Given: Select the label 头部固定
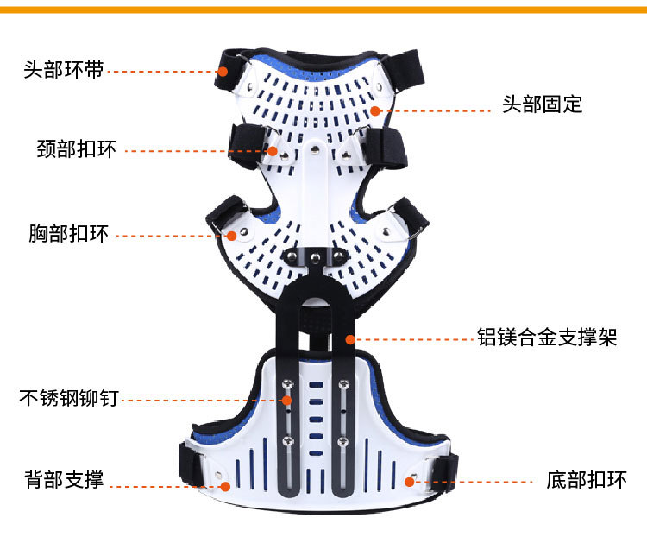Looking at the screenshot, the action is [543, 105].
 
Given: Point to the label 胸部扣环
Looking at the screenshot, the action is [68, 233].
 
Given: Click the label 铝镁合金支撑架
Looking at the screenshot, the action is [547, 337].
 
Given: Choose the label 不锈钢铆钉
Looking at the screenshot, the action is [69, 399].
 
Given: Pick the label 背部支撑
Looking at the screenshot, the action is [64, 480].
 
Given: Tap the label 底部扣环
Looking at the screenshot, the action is [587, 480].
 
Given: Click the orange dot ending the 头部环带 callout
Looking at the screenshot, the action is [223, 71].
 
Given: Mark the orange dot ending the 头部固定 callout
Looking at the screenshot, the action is [375, 110].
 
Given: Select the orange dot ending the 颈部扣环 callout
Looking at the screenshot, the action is [273, 151].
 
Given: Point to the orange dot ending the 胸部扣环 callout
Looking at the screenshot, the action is [230, 234].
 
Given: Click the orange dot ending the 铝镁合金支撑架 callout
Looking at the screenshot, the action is [350, 338].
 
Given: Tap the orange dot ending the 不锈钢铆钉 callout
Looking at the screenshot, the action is [287, 400].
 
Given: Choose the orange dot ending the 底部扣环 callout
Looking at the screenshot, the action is [408, 481].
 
